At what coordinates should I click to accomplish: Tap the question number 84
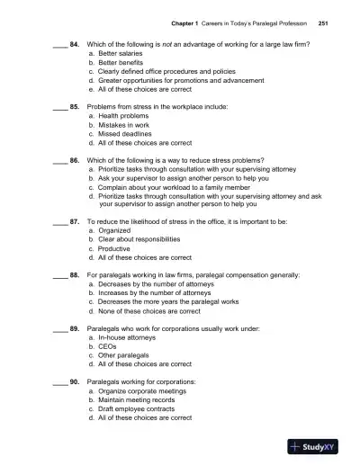tap(75, 44)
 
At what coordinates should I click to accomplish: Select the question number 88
tap(75, 273)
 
